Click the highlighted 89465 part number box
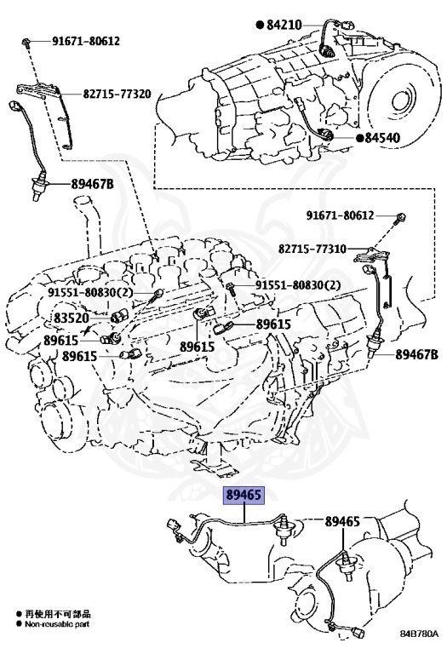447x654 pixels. pyautogui.click(x=244, y=495)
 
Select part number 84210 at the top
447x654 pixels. pyautogui.click(x=284, y=26)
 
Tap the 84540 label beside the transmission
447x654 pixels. pyautogui.click(x=382, y=138)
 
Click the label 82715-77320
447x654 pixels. pyautogui.click(x=117, y=94)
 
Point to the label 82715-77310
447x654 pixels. pyautogui.click(x=312, y=249)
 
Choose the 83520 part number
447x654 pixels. pyautogui.click(x=72, y=318)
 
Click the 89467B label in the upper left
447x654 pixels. pyautogui.click(x=92, y=184)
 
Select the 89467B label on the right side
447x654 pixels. pyautogui.click(x=416, y=354)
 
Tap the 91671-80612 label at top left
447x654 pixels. pyautogui.click(x=86, y=41)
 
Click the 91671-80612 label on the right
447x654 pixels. pyautogui.click(x=341, y=215)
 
